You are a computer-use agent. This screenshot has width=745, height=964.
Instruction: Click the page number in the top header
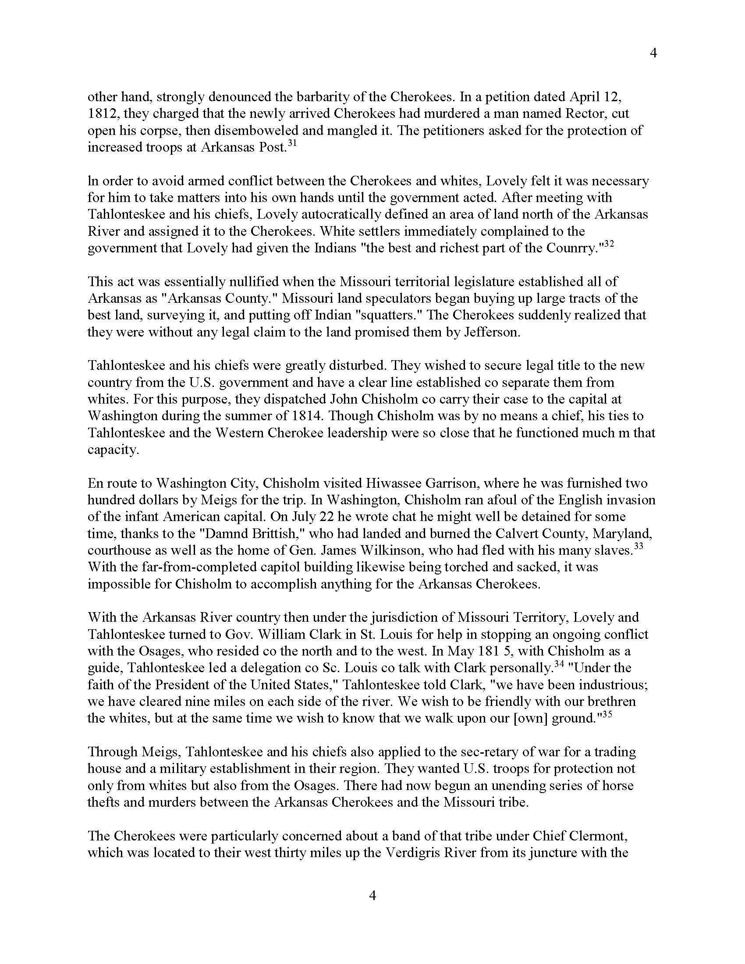click(x=654, y=53)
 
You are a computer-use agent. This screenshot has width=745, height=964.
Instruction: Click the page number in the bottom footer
click(x=372, y=896)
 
